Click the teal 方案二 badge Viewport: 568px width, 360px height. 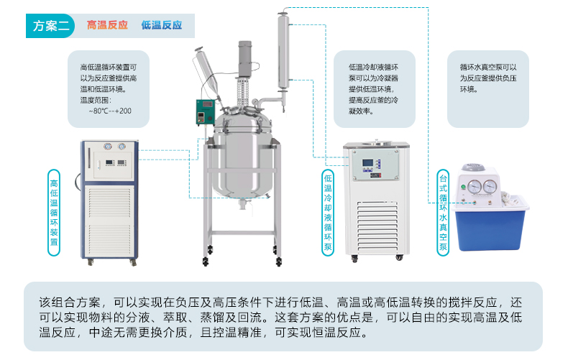50,26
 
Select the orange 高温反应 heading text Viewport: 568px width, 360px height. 107,25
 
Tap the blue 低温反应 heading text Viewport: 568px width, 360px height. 162,25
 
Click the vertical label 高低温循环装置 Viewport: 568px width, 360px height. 54,213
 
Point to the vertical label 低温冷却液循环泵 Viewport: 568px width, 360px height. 328,213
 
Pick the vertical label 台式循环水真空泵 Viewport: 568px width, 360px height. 443,213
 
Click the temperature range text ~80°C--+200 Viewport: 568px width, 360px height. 110,111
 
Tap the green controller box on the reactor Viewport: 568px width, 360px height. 205,112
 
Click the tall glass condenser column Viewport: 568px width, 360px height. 283,51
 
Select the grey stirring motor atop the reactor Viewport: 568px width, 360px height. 245,59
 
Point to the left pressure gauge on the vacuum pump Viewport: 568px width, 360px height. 475,187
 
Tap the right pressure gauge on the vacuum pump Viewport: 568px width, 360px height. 490,187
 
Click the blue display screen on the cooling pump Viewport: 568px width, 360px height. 367,165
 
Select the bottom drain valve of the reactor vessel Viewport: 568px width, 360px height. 244,204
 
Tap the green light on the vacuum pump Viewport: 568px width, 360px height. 463,188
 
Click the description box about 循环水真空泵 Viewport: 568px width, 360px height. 488,89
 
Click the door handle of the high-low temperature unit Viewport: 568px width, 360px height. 89,157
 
